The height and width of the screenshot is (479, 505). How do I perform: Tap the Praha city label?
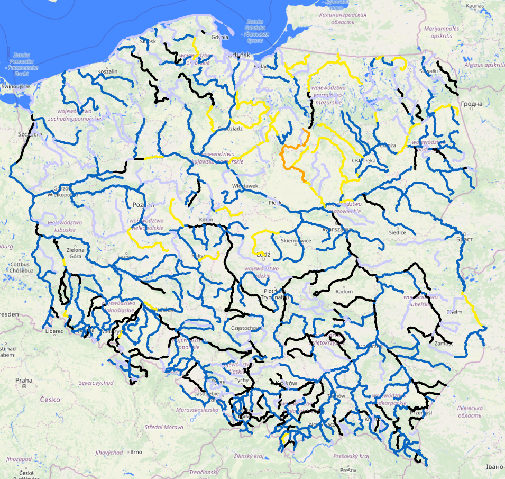click(x=24, y=380)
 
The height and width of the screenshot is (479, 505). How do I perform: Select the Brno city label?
click(x=136, y=452)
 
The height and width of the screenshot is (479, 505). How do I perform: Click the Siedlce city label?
click(x=397, y=232)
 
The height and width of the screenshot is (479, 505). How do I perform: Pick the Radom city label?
click(x=344, y=291)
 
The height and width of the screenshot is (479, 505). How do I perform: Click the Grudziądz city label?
click(x=229, y=128)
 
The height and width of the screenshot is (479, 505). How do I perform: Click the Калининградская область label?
click(x=343, y=19)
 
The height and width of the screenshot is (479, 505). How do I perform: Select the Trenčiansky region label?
click(x=205, y=472)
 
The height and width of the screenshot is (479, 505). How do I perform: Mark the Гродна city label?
click(x=471, y=104)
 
